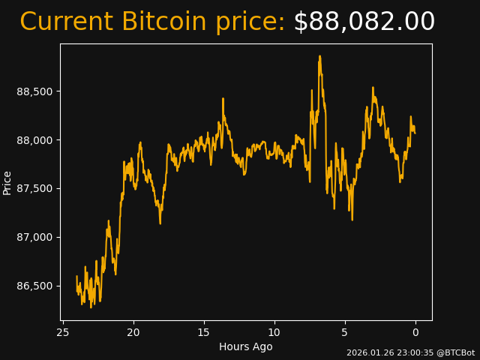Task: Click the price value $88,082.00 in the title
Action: tap(364, 22)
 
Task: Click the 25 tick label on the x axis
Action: tap(63, 332)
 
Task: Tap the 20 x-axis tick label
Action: tap(133, 332)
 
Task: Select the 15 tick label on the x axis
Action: tap(204, 332)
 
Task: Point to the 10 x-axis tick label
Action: tap(274, 332)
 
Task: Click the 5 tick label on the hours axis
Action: tap(345, 332)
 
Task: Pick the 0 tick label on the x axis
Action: tap(415, 332)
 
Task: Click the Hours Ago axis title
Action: tap(246, 346)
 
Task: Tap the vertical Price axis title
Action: tap(7, 182)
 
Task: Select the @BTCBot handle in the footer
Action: tap(455, 352)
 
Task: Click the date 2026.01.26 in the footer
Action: tap(368, 352)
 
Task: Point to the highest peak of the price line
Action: tap(319, 56)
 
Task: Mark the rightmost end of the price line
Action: tap(415, 133)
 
